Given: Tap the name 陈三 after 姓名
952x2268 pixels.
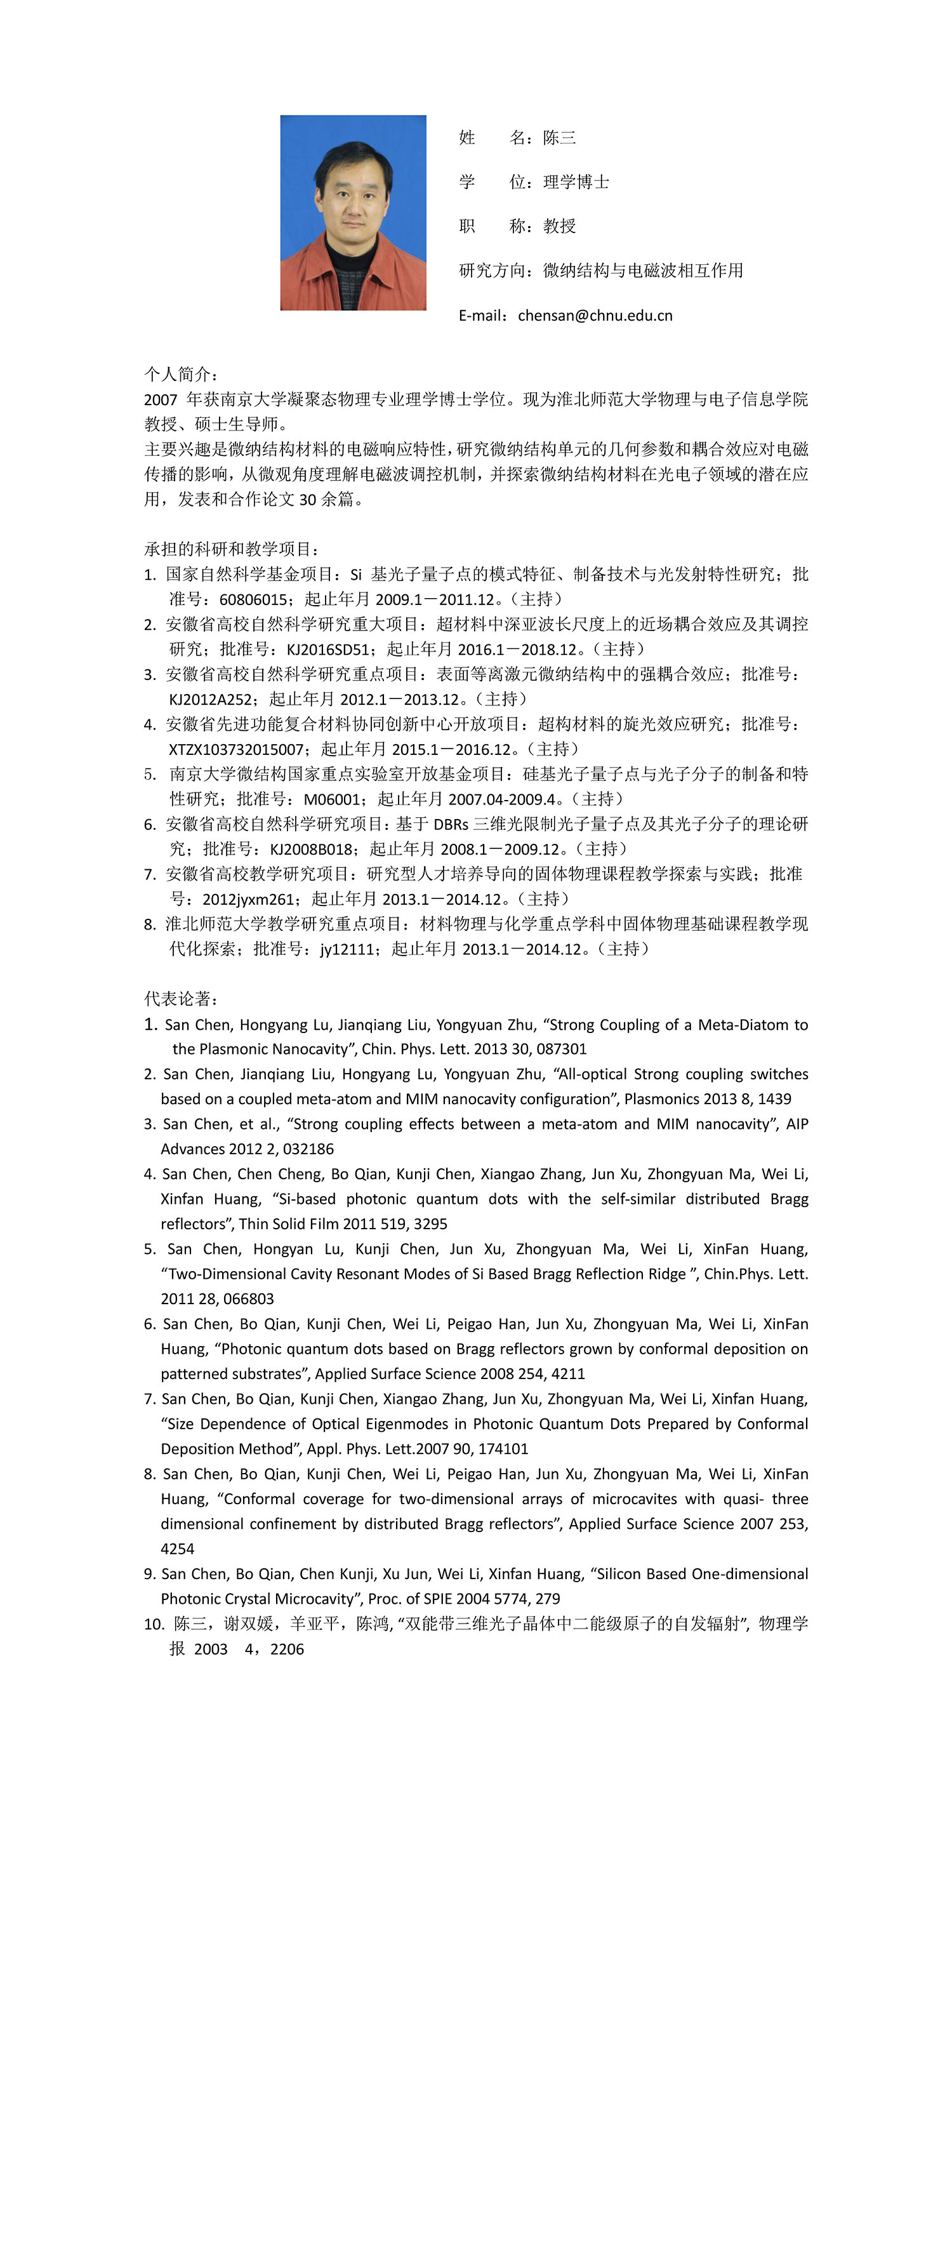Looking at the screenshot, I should pos(560,137).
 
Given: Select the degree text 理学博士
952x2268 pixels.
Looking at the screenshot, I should pos(576,182).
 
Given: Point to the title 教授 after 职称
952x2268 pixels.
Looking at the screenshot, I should pos(560,226).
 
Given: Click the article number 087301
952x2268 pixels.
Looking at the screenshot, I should pos(560,1048).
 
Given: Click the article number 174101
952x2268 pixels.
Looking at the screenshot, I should pos(499,1448).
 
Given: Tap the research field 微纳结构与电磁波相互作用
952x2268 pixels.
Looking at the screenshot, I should pos(643,270).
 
